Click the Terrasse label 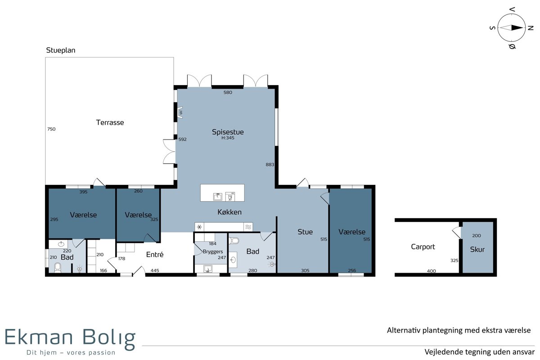click(x=110, y=122)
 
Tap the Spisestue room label click(x=228, y=132)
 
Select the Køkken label click(x=229, y=212)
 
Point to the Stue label click(x=305, y=232)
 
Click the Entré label click(x=155, y=254)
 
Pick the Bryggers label click(x=212, y=252)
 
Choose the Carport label click(x=423, y=247)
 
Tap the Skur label click(x=477, y=249)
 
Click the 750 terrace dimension click(x=51, y=129)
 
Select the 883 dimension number click(x=270, y=164)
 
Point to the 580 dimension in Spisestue click(x=228, y=92)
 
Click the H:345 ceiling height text click(x=228, y=138)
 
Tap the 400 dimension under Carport click(x=431, y=271)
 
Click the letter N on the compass click(x=531, y=28)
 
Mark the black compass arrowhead click(x=517, y=28)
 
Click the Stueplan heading click(x=60, y=50)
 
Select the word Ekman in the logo click(x=39, y=337)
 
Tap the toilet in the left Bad click(x=58, y=268)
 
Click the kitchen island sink click(x=218, y=197)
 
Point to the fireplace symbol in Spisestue click(x=180, y=112)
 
